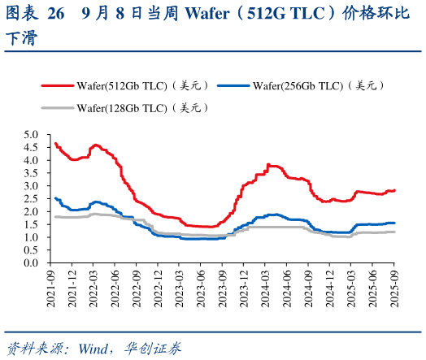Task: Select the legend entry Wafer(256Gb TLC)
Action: [x=307, y=85]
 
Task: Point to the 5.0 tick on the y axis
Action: [x=32, y=134]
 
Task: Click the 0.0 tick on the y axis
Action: [x=32, y=263]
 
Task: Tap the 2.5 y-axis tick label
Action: [x=32, y=198]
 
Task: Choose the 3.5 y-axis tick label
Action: [x=32, y=173]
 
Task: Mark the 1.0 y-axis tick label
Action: [x=32, y=237]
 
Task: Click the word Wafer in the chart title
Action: [x=207, y=14]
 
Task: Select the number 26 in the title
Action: [x=55, y=14]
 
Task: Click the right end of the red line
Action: [x=395, y=190]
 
